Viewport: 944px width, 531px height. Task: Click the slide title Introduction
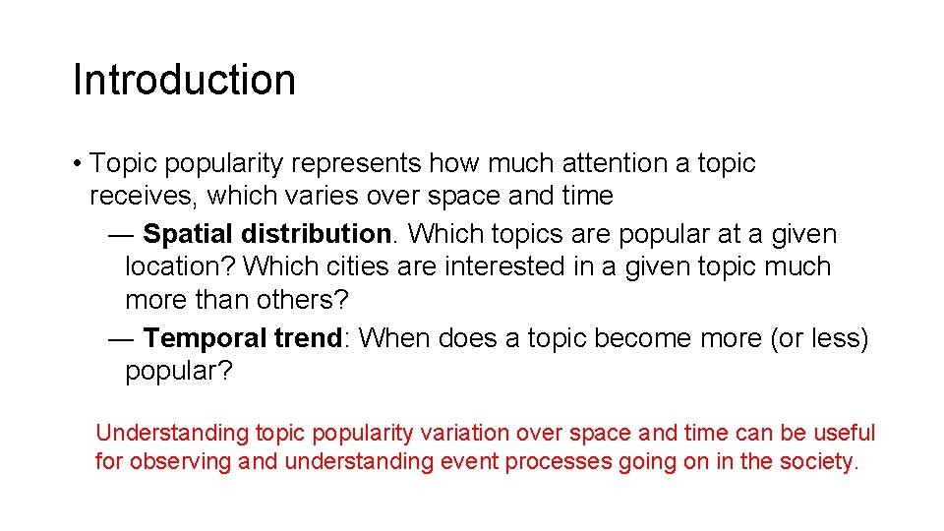tap(184, 80)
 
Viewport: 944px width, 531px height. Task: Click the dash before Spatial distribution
tap(122, 234)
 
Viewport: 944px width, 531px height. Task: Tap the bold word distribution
tap(316, 234)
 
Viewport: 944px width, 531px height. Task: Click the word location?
tap(180, 266)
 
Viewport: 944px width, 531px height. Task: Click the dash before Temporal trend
tap(122, 338)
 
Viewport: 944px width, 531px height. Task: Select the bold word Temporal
tap(205, 338)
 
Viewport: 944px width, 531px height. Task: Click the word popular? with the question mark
tap(178, 371)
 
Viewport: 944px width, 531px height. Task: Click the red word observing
tap(181, 461)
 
